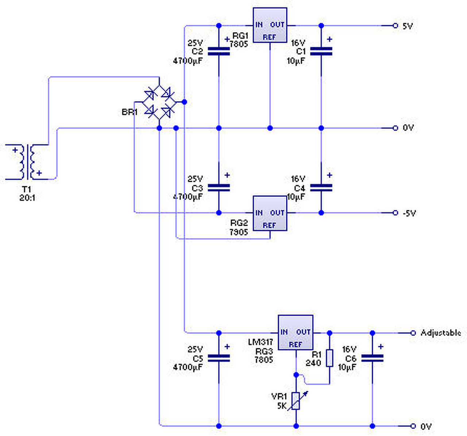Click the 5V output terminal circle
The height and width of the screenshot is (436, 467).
395,26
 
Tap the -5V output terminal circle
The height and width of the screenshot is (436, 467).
395,213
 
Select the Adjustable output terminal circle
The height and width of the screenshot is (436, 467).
413,333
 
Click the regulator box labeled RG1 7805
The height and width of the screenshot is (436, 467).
270,25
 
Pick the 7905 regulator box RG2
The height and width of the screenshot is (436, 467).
270,213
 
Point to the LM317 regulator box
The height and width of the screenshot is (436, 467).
296,332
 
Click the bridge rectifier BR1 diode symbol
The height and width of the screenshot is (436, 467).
159,102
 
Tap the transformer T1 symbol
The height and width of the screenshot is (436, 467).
27,162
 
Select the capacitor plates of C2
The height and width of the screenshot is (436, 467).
219,51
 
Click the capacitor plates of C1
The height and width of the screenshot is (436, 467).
321,51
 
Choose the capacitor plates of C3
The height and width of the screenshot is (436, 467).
219,188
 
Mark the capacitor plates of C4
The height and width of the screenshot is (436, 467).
321,188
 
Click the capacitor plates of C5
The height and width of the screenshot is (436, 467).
219,358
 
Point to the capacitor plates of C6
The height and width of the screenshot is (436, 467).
372,358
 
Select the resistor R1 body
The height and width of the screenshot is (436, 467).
329,358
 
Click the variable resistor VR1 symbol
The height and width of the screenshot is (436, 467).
296,401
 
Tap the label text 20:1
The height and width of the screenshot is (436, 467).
27,198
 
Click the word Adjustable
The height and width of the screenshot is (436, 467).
441,333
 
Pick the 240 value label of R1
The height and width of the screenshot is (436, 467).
313,363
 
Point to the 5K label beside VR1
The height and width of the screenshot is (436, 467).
282,406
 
